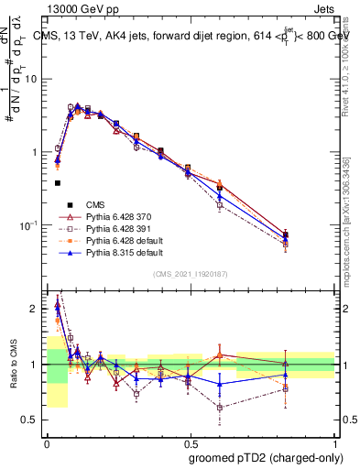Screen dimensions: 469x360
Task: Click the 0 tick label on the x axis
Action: (47, 442)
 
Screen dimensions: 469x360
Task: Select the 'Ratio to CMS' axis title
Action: (12, 376)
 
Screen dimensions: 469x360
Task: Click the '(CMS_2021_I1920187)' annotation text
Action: (191, 274)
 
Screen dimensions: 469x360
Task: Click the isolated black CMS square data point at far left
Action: (57, 183)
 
